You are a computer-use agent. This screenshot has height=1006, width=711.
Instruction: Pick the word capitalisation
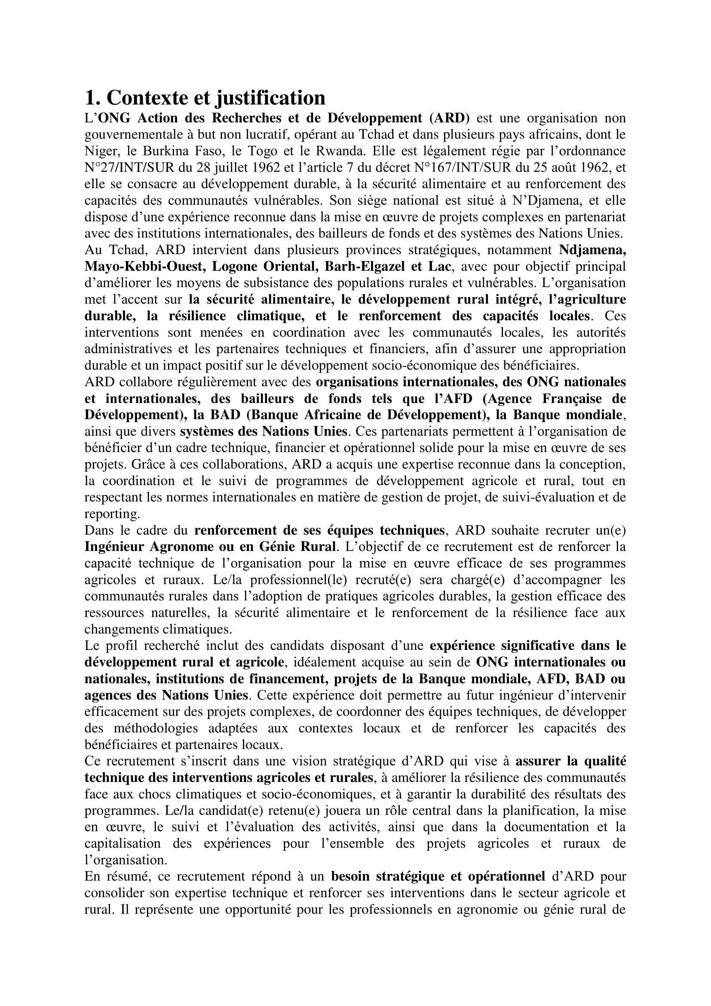(x=122, y=844)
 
